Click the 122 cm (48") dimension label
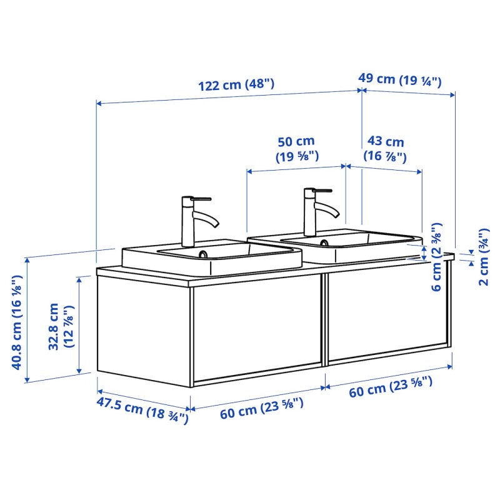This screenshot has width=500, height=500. click(x=236, y=84)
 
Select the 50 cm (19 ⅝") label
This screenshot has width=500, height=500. click(x=297, y=149)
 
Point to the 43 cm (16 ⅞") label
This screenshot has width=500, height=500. click(x=385, y=149)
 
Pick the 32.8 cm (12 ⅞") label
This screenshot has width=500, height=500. click(x=61, y=326)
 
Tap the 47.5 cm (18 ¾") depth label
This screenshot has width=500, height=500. click(x=142, y=411)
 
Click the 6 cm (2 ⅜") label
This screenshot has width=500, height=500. click(x=436, y=257)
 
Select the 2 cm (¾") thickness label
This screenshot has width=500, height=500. click(x=484, y=257)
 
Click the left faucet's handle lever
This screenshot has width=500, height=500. click(x=201, y=199)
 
